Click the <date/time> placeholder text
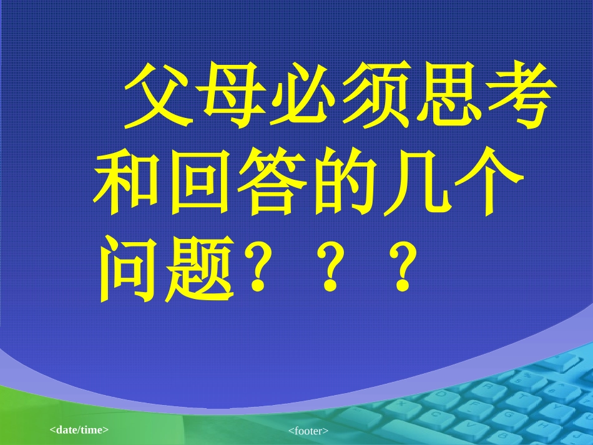[79, 429]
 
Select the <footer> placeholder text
[308, 431]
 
